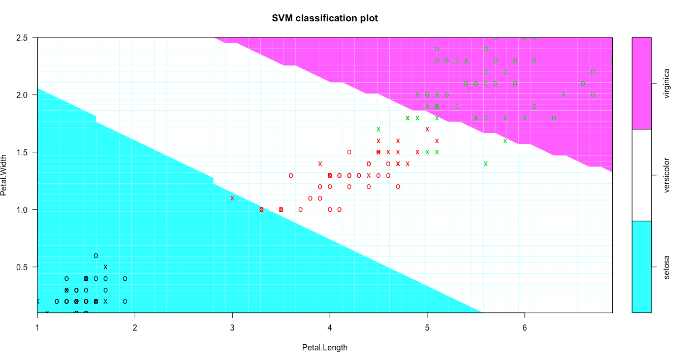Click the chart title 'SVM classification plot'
[325, 18]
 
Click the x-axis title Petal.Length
[325, 348]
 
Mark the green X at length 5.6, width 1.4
[486, 163]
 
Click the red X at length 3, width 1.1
[232, 198]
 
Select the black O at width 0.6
[96, 255]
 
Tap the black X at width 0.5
[106, 267]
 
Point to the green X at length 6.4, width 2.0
[563, 94]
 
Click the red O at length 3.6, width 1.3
[291, 175]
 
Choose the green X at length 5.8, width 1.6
[505, 141]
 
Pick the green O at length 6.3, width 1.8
[554, 118]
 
